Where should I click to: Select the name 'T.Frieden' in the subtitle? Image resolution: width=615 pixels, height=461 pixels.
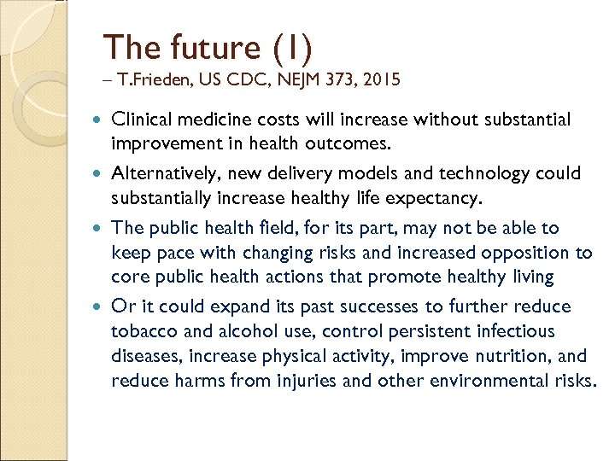point(149,81)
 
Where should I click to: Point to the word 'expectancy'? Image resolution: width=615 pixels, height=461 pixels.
point(434,199)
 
